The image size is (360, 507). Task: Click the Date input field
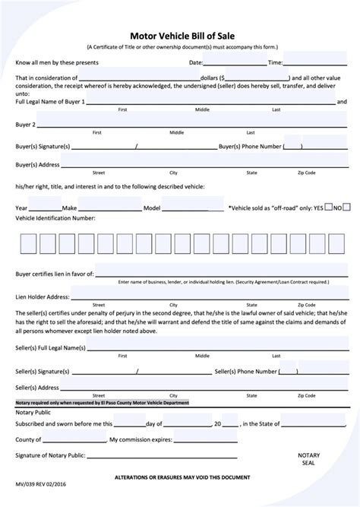point(235,62)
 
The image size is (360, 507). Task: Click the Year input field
point(45,207)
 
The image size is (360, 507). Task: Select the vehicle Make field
point(109,207)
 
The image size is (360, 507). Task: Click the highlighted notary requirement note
point(102,402)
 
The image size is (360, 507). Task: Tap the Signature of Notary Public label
point(49,456)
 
